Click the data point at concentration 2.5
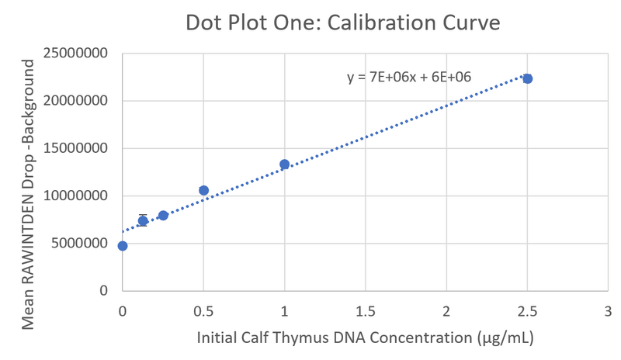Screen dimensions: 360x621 (x=527, y=78)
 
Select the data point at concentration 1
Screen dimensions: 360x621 (x=284, y=164)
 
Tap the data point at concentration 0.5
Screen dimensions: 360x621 (x=203, y=190)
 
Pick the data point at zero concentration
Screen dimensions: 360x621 (x=123, y=246)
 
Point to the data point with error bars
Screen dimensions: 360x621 (x=143, y=220)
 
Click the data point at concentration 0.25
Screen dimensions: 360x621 (x=163, y=215)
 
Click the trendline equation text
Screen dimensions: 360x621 (x=409, y=77)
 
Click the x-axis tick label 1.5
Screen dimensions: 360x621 (x=365, y=310)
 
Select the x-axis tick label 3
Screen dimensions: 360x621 (x=608, y=310)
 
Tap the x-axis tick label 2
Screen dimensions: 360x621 (x=446, y=310)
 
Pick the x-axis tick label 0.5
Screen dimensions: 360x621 (x=203, y=310)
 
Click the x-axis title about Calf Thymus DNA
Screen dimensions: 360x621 (x=364, y=339)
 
